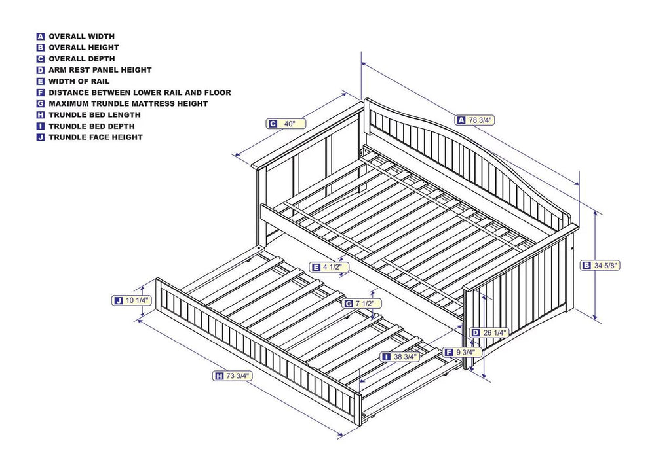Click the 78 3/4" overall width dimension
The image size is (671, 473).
(475, 120)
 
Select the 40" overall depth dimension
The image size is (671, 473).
(286, 124)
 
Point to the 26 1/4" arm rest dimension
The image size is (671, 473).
(490, 332)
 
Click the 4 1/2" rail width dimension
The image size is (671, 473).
(330, 267)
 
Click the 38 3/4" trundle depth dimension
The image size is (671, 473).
(402, 357)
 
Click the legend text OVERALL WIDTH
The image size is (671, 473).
(81, 37)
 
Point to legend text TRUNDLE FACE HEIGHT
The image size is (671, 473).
(95, 137)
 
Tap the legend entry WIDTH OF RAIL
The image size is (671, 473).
(79, 81)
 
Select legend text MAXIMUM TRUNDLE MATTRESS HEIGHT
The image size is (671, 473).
(128, 103)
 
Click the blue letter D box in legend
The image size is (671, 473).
(41, 70)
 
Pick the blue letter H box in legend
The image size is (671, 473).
(41, 115)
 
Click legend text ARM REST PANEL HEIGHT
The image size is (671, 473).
(100, 70)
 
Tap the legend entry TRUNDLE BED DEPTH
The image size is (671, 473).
(91, 126)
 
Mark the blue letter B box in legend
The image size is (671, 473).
(41, 48)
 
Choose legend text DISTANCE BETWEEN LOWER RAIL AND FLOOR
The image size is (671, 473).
(140, 92)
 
